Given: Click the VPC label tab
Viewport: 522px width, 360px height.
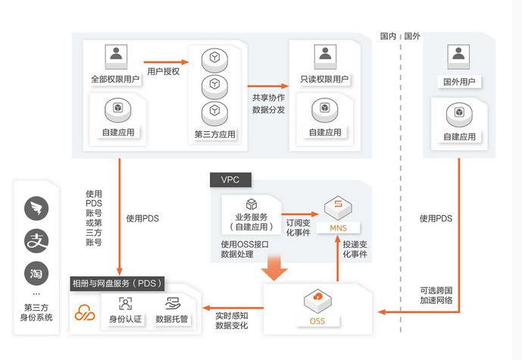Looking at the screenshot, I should click(x=230, y=180).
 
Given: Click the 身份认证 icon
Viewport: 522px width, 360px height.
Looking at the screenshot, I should click(x=125, y=303).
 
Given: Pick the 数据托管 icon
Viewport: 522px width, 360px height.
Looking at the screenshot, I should click(x=172, y=303).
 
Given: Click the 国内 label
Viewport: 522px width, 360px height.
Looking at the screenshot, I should click(x=388, y=36).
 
